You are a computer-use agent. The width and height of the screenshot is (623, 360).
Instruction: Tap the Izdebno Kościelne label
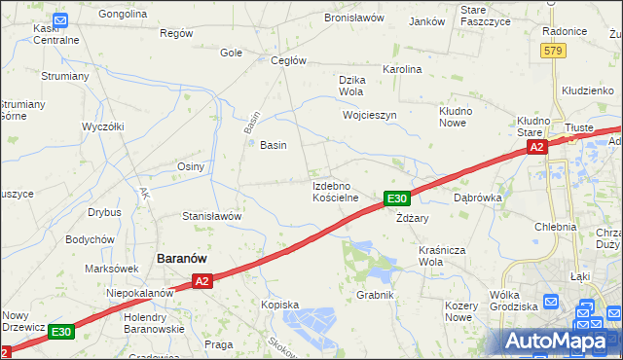click(336, 191)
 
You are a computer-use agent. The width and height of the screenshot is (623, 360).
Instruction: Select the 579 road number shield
click(554, 51)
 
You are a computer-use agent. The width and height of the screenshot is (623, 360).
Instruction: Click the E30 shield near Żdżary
click(395, 198)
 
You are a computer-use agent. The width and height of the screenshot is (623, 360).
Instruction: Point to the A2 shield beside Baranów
click(202, 281)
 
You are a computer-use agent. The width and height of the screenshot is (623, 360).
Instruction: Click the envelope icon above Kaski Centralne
click(60, 19)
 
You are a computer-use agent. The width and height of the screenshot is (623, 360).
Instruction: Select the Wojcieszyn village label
click(370, 115)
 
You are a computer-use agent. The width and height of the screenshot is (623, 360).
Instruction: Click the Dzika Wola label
click(350, 86)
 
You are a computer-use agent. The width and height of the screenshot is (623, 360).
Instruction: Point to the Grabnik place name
click(374, 294)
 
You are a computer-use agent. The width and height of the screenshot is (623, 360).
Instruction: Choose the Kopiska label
click(279, 305)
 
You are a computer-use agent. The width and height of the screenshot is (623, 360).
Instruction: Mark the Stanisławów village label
click(211, 216)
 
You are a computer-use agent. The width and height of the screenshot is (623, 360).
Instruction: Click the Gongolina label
click(123, 15)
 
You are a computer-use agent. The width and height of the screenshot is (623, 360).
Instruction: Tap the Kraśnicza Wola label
click(444, 256)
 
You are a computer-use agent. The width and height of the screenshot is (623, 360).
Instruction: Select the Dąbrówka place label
click(477, 197)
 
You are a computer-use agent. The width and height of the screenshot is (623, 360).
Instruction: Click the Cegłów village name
click(288, 60)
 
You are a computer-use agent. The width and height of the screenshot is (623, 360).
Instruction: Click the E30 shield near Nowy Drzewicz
click(61, 332)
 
